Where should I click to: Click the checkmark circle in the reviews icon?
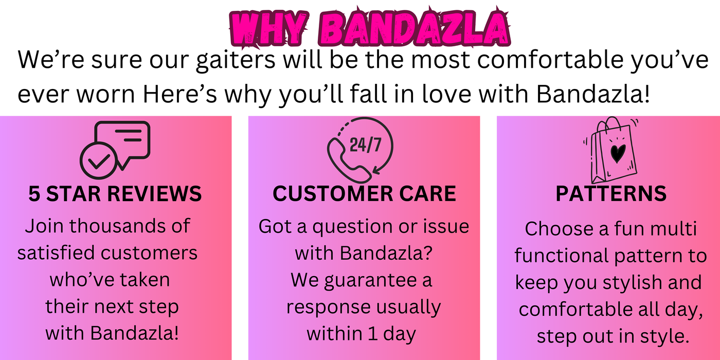click(x=99, y=160)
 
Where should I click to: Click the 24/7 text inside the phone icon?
click(x=366, y=145)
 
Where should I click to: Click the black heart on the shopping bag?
click(x=618, y=153)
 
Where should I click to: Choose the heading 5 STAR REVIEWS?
click(x=115, y=194)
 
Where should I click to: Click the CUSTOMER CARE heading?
click(x=364, y=193)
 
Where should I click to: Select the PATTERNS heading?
click(x=611, y=193)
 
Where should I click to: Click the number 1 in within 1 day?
click(x=372, y=334)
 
